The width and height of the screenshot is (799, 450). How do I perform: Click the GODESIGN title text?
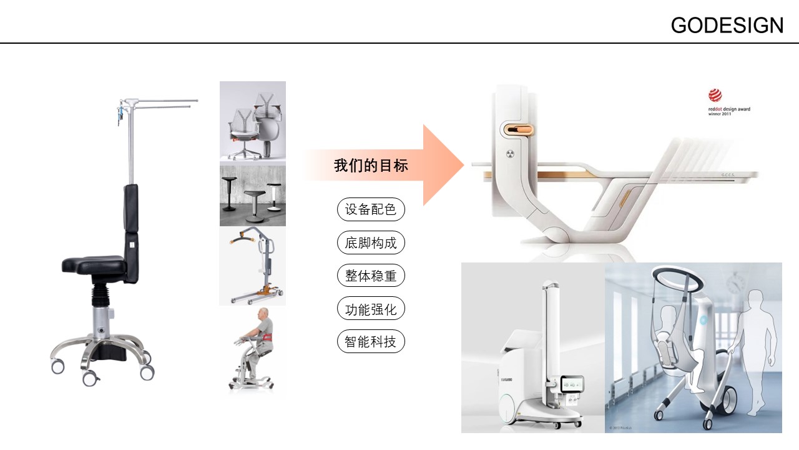tap(727, 25)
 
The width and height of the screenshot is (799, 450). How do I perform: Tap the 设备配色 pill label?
tap(371, 209)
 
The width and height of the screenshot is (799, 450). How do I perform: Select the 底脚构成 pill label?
tap(371, 242)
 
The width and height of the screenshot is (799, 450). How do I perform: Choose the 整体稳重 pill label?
tap(371, 276)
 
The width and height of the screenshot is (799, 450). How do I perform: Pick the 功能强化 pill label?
tap(371, 309)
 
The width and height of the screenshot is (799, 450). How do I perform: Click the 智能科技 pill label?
tap(371, 342)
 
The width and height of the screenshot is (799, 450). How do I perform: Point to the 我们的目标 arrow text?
tap(371, 166)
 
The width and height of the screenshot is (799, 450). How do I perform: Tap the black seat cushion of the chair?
tap(94, 264)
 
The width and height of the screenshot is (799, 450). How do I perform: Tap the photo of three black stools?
tap(253, 195)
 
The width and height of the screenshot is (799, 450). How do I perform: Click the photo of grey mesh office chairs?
tap(253, 123)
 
